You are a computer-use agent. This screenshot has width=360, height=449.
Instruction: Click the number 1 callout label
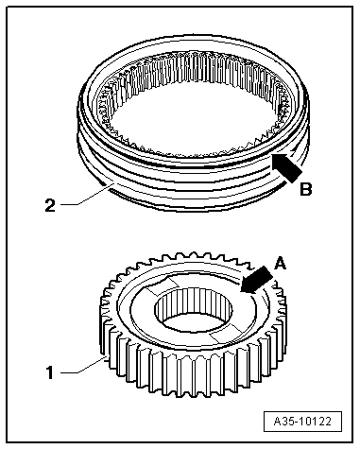[x=50, y=372]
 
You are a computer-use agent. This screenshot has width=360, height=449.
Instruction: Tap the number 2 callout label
[x=50, y=205]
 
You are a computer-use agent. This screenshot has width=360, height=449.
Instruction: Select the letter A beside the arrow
[x=280, y=264]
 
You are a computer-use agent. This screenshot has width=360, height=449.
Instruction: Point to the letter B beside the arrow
[x=305, y=190]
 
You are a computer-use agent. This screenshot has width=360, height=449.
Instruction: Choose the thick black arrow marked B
[x=286, y=167]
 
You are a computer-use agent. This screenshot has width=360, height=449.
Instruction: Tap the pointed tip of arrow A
[x=240, y=292]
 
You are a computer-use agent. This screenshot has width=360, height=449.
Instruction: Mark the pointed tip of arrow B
[x=272, y=154]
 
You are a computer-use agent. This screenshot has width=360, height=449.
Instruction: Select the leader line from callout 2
[x=87, y=196]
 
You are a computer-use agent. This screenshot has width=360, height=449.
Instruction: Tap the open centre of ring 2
[x=195, y=113]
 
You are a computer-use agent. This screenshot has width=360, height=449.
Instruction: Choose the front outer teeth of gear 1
[x=192, y=371]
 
